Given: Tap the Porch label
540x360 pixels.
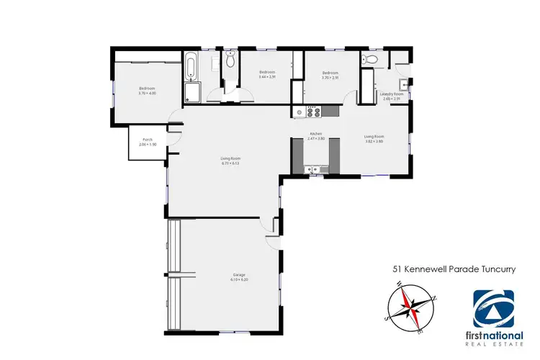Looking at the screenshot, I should coord(147,142).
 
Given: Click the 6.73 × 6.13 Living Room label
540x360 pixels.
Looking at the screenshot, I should coord(230,161).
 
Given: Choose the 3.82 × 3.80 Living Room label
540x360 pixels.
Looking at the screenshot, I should coord(374,138).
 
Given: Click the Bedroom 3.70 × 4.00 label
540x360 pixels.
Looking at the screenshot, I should coord(148,91).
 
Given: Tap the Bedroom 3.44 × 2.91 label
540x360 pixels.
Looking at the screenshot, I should coord(267,75).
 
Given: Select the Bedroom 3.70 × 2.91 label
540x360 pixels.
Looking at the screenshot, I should coord(330,75).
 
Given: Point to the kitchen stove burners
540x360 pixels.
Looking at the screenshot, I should coord(313,112).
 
